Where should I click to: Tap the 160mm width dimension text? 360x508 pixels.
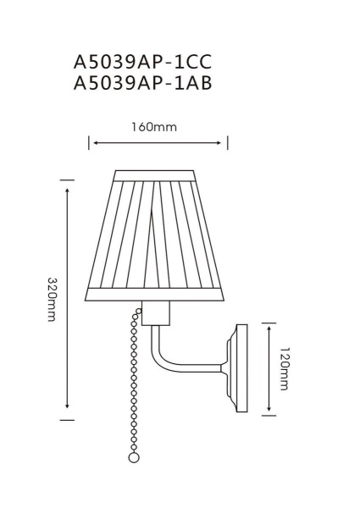click(158, 127)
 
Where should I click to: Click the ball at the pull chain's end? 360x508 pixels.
click(133, 457)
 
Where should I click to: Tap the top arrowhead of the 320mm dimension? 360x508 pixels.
click(67, 184)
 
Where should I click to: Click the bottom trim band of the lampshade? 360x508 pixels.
click(158, 296)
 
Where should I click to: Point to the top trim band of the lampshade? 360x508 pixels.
click(158, 175)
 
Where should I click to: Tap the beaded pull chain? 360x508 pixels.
click(133, 381)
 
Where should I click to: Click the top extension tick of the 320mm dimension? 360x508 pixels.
click(67, 179)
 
